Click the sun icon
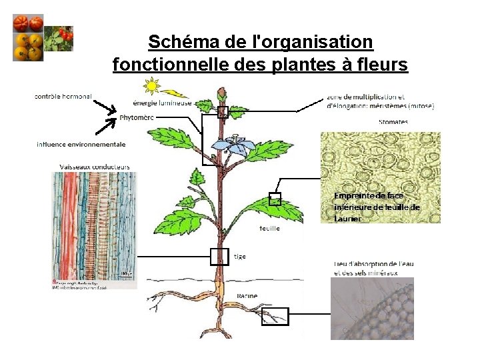[153, 85]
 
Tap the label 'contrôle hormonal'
[63, 97]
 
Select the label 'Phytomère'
[137, 117]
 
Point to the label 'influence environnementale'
[81, 144]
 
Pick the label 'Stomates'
[393, 122]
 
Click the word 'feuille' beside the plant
[270, 228]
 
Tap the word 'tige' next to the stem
[241, 256]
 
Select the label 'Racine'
[247, 295]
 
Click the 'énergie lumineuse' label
[162, 103]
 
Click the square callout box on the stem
[219, 256]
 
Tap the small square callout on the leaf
[275, 199]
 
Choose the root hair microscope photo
[372, 308]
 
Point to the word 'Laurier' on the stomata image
[348, 219]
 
